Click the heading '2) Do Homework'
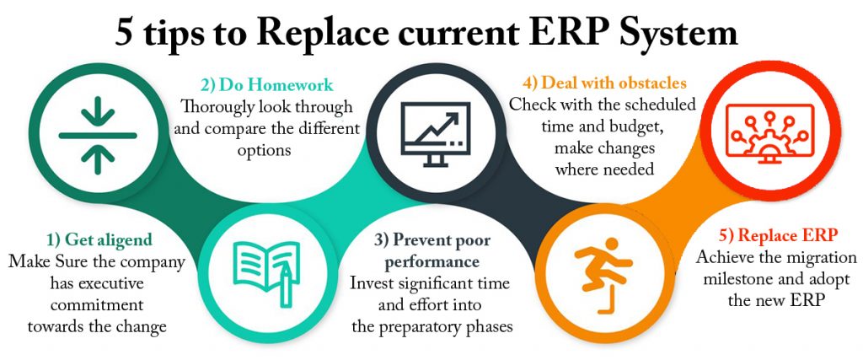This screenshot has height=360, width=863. tap(266, 84)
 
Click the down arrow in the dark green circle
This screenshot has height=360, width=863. tap(99, 110)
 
